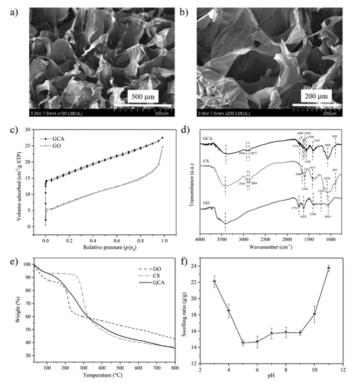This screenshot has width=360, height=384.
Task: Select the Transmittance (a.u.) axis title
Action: click(190, 187)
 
